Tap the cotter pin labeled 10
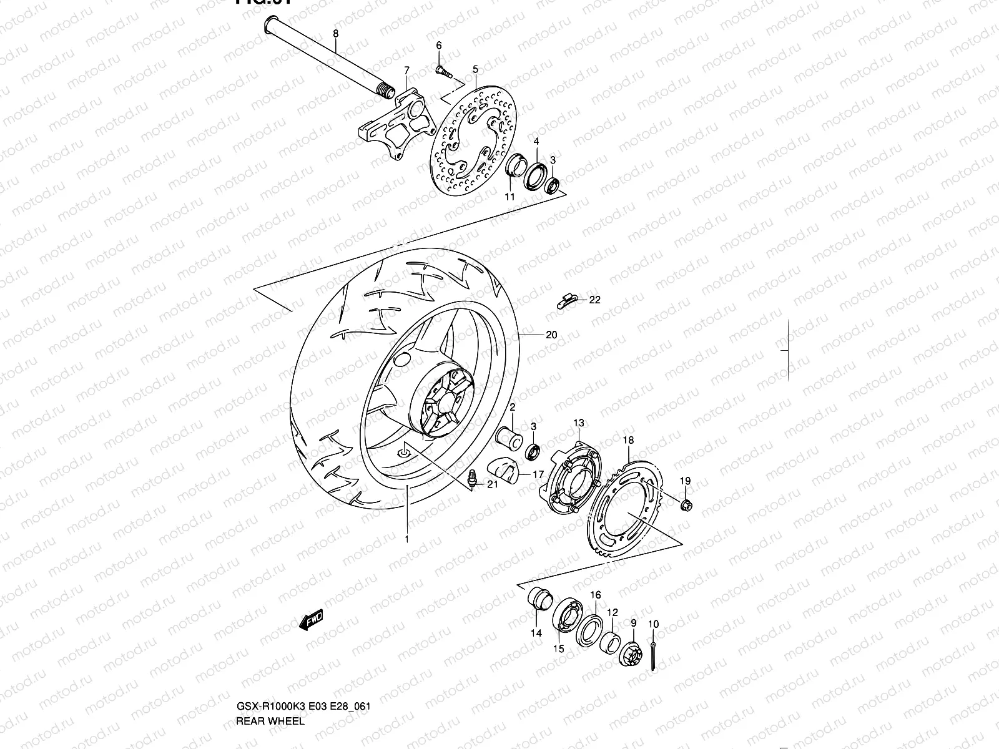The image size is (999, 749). click(652, 655)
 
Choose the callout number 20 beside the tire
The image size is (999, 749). click(551, 335)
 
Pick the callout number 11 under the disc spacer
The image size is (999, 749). click(510, 197)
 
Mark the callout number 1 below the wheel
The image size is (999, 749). click(406, 539)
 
